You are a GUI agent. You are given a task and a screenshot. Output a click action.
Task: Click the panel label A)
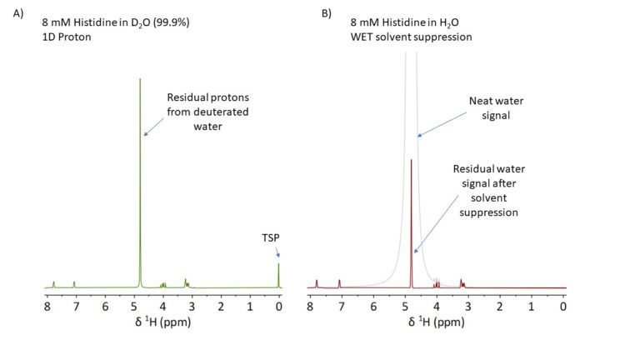[x=18, y=13]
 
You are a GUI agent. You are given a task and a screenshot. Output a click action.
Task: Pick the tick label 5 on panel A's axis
[x=134, y=305]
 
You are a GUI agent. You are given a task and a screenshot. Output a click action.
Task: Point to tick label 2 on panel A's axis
[x=221, y=305]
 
